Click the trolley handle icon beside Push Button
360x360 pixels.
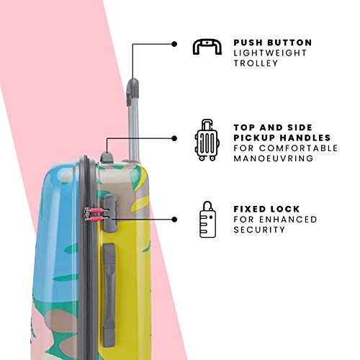(207, 43)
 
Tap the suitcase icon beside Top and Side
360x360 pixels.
(207, 140)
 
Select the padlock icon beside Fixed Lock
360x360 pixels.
(207, 220)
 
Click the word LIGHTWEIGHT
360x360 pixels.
(270, 53)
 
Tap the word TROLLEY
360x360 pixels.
(256, 63)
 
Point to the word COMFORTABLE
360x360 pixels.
(299, 148)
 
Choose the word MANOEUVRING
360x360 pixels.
(274, 158)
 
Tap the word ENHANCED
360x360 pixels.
(288, 220)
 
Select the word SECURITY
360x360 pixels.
(259, 230)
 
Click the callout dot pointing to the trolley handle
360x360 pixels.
(174, 44)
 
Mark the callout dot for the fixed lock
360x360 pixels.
(174, 220)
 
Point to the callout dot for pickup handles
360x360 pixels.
(174, 138)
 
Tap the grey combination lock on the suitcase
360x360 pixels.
(110, 213)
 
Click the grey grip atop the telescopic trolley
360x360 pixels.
(132, 91)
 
